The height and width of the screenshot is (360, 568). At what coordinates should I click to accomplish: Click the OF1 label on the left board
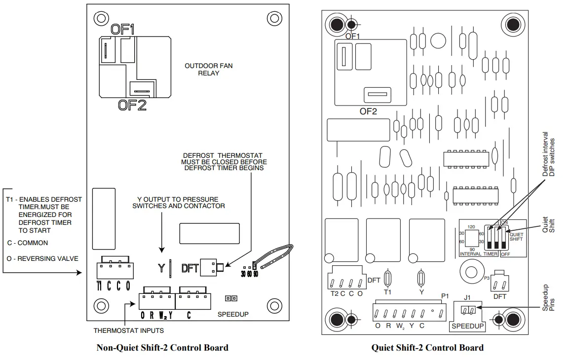(x=122, y=29)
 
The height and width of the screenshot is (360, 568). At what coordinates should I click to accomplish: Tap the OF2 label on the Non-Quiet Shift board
(x=132, y=105)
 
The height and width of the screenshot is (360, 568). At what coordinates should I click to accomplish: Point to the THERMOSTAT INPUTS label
(x=129, y=330)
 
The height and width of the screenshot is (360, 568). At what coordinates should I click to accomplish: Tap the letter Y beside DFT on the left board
(x=161, y=268)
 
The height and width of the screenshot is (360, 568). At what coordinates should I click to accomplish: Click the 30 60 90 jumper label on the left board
(x=250, y=273)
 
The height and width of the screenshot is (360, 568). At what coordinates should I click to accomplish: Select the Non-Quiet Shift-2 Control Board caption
(x=162, y=348)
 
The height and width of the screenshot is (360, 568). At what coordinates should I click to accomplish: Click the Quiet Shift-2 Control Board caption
(x=427, y=348)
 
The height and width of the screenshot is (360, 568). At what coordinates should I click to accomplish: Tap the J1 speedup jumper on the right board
(x=468, y=311)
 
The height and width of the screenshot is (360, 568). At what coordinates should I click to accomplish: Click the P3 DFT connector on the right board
(x=499, y=284)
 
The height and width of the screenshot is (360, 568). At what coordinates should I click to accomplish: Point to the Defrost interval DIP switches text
(x=549, y=154)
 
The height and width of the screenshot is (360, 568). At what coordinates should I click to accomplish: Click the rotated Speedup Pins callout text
(x=549, y=297)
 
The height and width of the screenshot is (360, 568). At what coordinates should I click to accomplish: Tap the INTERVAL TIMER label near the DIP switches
(x=478, y=253)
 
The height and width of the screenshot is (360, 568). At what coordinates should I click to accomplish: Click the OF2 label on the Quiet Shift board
(x=368, y=111)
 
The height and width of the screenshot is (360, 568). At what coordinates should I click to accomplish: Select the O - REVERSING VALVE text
(x=42, y=258)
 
